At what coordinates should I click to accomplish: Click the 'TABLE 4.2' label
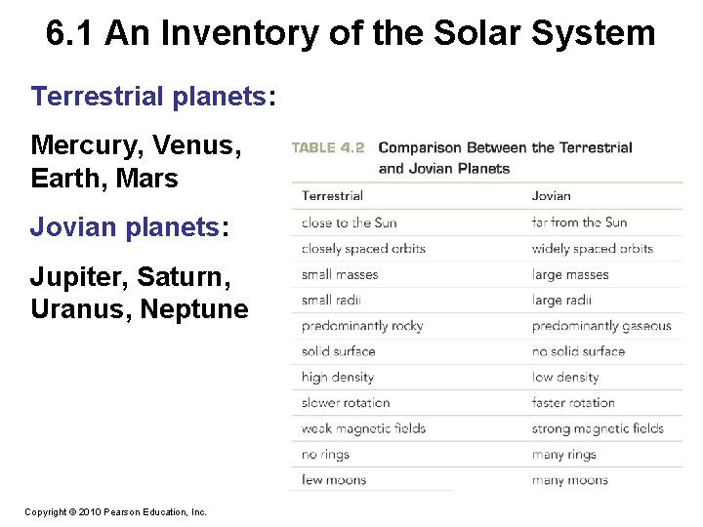(x=328, y=148)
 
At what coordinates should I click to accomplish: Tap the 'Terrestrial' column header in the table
(x=332, y=196)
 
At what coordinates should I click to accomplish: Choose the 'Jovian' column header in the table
(x=551, y=196)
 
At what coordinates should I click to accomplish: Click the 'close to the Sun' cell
(x=350, y=223)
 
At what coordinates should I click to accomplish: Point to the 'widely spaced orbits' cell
(x=592, y=249)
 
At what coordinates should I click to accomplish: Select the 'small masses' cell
(x=339, y=274)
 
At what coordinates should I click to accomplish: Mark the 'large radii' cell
(x=561, y=301)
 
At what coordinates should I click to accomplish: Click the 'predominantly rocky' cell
(x=361, y=326)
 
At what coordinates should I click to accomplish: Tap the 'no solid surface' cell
(x=578, y=351)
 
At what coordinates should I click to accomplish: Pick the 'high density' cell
(x=337, y=377)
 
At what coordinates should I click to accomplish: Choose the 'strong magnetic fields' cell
(x=597, y=428)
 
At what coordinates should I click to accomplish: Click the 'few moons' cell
(x=334, y=480)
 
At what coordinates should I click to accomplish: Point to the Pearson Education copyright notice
(x=115, y=511)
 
